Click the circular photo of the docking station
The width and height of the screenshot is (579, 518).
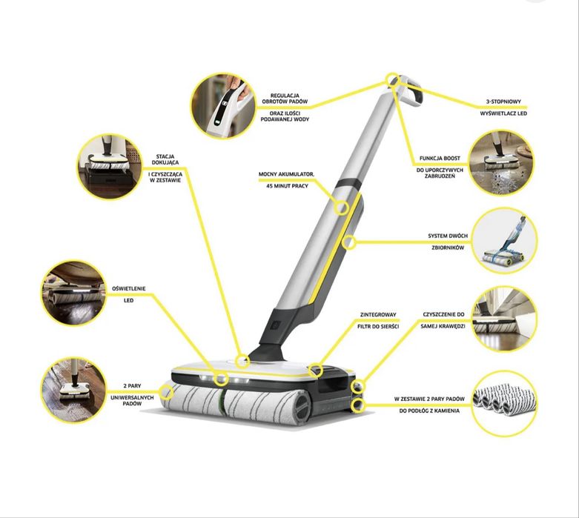point(110,167)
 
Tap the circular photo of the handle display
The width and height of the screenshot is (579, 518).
point(223,106)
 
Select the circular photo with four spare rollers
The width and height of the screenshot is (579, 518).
point(504,403)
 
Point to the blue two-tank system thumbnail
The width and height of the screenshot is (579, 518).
point(504,241)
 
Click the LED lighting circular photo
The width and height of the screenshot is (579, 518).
point(73,293)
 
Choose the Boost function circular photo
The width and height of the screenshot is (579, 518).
point(501,163)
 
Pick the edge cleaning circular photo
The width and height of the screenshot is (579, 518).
point(504,319)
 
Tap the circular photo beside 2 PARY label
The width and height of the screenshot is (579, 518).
point(73,390)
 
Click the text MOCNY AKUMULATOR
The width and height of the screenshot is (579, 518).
point(286,174)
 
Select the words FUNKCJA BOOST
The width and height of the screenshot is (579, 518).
point(440,158)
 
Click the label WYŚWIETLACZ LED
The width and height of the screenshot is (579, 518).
point(503,113)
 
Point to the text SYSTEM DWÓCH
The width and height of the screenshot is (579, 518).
point(448,236)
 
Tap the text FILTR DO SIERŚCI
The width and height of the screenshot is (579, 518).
point(378,326)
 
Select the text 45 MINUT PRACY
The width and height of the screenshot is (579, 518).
point(287,186)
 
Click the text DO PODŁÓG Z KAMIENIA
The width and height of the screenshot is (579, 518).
point(429,411)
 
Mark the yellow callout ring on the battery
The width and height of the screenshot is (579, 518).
point(341,207)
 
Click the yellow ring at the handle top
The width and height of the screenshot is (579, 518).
point(392,80)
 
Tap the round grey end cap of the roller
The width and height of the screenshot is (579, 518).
point(302,408)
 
